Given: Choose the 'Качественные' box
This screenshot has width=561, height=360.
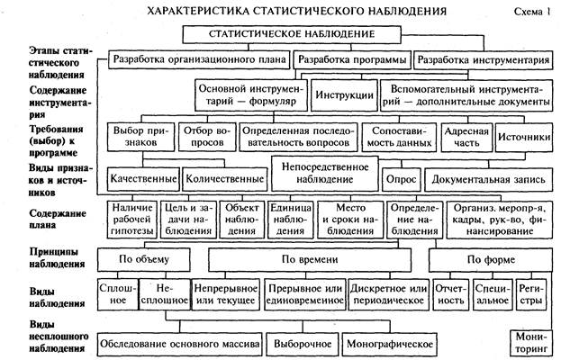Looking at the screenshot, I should pyautogui.click(x=143, y=177).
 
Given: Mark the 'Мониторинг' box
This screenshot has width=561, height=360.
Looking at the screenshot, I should pyautogui.click(x=532, y=341).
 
